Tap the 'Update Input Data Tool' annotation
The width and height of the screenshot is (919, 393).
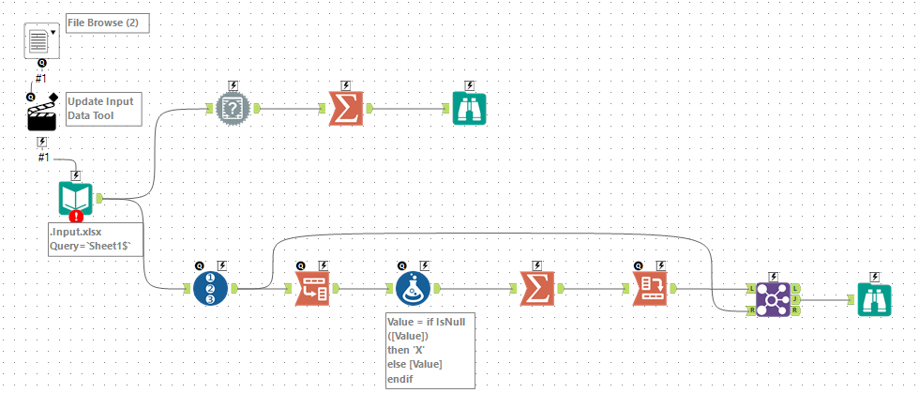[103, 109]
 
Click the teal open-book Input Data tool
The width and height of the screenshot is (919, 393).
[76, 199]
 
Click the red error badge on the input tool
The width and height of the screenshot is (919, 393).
[76, 217]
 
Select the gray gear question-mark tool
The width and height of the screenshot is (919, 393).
[234, 109]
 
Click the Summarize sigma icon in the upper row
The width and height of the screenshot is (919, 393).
[346, 109]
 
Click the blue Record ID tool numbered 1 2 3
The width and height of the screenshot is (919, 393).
[210, 288]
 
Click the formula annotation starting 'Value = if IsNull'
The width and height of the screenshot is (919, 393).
[429, 351]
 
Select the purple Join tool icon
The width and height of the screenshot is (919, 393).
[773, 299]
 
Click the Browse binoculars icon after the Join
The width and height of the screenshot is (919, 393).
[874, 299]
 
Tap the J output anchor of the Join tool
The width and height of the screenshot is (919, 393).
[795, 299]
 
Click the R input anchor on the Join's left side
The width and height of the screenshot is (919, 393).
[751, 310]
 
